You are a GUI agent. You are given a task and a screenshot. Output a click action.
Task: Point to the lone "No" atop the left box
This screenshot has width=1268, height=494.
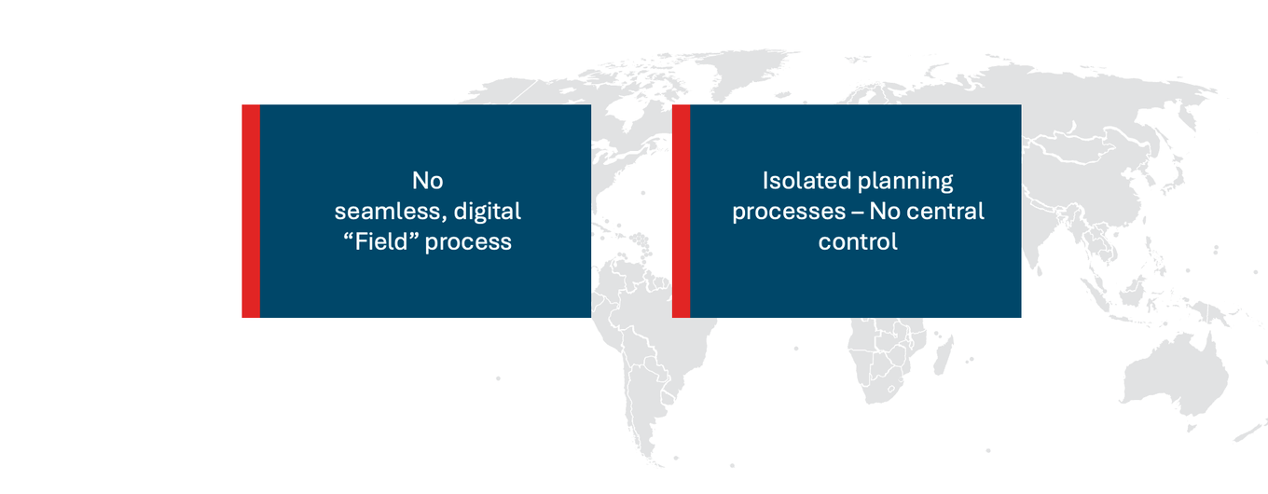(427, 181)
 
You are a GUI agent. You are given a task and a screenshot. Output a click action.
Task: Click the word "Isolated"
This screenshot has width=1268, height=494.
(803, 181)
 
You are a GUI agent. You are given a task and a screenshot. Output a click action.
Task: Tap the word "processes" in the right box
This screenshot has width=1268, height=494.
(788, 212)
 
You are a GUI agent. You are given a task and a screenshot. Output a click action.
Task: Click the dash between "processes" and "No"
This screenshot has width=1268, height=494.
(857, 212)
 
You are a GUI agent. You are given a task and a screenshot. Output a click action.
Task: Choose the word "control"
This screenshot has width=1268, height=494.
(858, 241)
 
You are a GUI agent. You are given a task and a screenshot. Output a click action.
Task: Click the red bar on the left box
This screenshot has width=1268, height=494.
(251, 211)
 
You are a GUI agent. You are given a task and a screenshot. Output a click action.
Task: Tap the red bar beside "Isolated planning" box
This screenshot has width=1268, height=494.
(681, 211)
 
